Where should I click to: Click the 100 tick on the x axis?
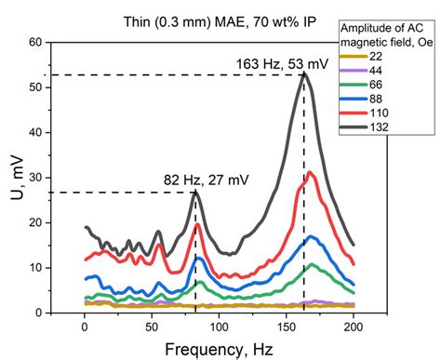(x=220, y=327)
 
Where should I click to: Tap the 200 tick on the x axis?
(x=354, y=327)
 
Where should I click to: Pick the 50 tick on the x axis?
(x=153, y=327)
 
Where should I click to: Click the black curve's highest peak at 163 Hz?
(x=303, y=74)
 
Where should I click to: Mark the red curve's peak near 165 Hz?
(x=310, y=172)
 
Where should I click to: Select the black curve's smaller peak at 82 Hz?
(x=195, y=192)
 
